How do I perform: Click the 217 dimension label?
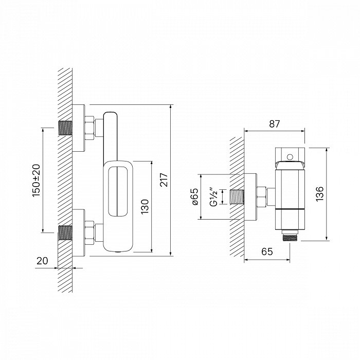165,180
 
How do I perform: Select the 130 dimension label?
145,207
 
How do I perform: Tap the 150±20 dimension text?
37,180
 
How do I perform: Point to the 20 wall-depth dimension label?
43,261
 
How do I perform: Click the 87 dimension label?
275,124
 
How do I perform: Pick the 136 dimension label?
320,194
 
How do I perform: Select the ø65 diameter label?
195,196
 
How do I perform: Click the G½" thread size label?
214,196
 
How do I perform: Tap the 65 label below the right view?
267,251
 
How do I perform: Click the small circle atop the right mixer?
290,157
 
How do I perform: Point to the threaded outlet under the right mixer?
290,238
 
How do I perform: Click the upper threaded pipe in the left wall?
65,128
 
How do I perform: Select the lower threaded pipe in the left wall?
65,232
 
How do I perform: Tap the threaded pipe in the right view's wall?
237,197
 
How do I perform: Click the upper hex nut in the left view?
89,128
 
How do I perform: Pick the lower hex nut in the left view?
89,232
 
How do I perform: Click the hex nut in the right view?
262,197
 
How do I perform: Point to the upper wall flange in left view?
79,128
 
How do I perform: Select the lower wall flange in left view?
79,232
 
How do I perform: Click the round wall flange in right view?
250,197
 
